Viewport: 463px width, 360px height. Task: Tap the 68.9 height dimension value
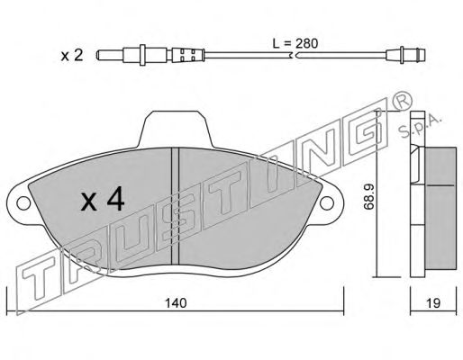click(x=368, y=196)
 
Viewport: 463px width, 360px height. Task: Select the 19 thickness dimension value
click(x=433, y=303)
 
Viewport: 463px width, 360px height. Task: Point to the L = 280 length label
click(x=295, y=44)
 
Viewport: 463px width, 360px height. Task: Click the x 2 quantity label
click(x=72, y=56)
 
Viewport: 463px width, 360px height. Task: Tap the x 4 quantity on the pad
click(x=103, y=199)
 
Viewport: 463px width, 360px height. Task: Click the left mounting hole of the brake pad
click(x=23, y=203)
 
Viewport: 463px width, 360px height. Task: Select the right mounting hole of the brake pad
click(x=327, y=202)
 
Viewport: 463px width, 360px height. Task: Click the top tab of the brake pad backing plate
click(x=176, y=129)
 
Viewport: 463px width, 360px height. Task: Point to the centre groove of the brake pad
click(x=175, y=207)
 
